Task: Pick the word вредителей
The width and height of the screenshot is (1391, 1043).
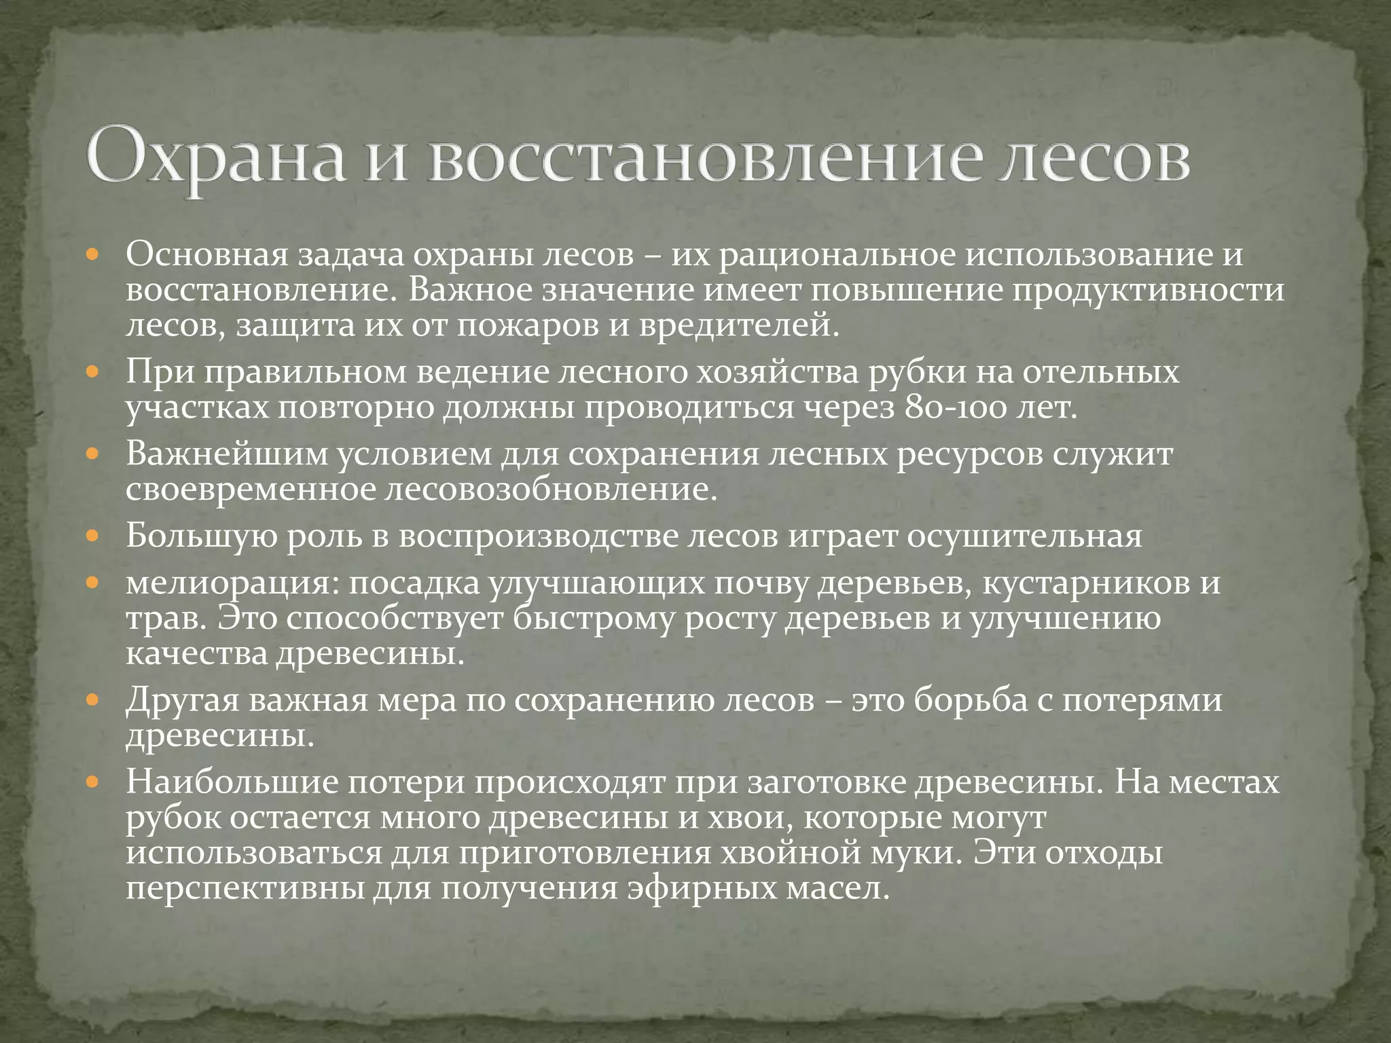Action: (x=740, y=325)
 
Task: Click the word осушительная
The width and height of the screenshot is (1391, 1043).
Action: (x=1025, y=536)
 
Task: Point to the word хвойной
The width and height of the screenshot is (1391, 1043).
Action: (x=763, y=853)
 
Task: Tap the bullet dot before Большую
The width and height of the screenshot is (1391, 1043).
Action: (x=93, y=537)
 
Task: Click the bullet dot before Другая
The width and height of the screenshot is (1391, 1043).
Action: (x=93, y=701)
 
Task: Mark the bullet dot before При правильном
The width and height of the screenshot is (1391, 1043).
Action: (x=93, y=374)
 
